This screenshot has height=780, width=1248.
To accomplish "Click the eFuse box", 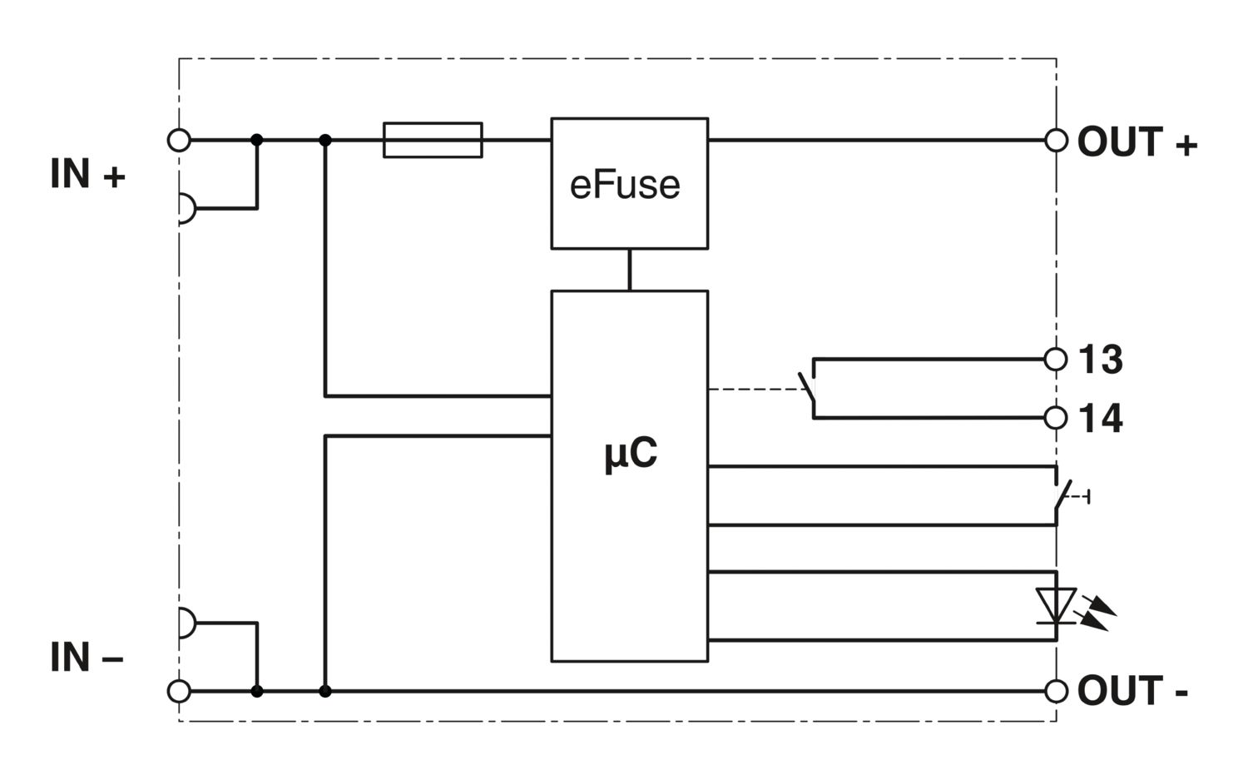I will click(x=629, y=183).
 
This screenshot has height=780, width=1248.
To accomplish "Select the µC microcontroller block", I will click(x=629, y=475).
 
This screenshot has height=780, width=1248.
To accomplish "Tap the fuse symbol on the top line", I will click(x=433, y=140).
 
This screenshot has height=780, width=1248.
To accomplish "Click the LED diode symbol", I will click(x=1057, y=605).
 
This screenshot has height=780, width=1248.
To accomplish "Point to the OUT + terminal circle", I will click(x=1056, y=140).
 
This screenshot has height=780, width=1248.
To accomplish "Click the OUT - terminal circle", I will click(x=1056, y=691).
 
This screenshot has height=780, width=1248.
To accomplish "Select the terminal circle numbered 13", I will click(x=1056, y=359).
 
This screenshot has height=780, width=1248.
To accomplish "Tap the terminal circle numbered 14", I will click(x=1056, y=417).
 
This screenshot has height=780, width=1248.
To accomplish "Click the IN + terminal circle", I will click(x=179, y=140).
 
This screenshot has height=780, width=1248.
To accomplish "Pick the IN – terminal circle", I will click(x=179, y=691).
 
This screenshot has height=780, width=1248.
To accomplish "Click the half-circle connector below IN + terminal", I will click(x=186, y=208).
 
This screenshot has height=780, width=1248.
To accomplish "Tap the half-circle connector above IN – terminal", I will click(x=186, y=623).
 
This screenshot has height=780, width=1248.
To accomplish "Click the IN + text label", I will click(x=87, y=175).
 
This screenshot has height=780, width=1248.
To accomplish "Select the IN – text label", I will click(x=87, y=658).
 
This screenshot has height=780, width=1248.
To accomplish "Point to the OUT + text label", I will click(x=1137, y=142).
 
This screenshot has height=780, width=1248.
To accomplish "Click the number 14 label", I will click(x=1101, y=418).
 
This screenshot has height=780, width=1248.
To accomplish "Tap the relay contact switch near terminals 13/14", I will click(x=807, y=390).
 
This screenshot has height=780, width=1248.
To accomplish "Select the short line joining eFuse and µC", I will click(x=629, y=270).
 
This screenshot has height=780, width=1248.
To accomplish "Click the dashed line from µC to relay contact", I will click(x=753, y=390).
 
